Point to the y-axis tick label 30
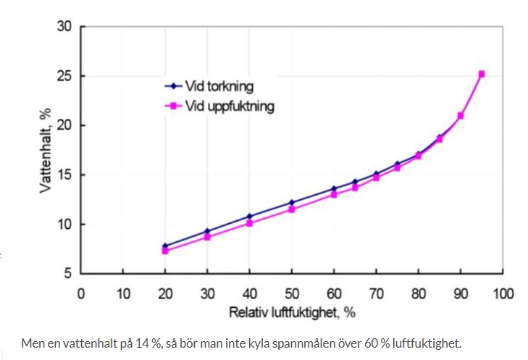click(x=63, y=27)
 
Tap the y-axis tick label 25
click(x=63, y=76)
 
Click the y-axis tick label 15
click(x=63, y=175)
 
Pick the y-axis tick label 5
click(x=66, y=274)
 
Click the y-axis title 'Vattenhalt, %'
click(x=45, y=150)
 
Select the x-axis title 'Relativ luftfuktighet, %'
click(x=292, y=313)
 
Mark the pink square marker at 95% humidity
click(x=482, y=74)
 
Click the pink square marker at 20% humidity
click(x=165, y=251)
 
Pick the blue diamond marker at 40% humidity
click(x=250, y=217)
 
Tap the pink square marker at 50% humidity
click(x=292, y=209)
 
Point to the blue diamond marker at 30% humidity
click(x=207, y=231)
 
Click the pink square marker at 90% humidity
click(x=461, y=116)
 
